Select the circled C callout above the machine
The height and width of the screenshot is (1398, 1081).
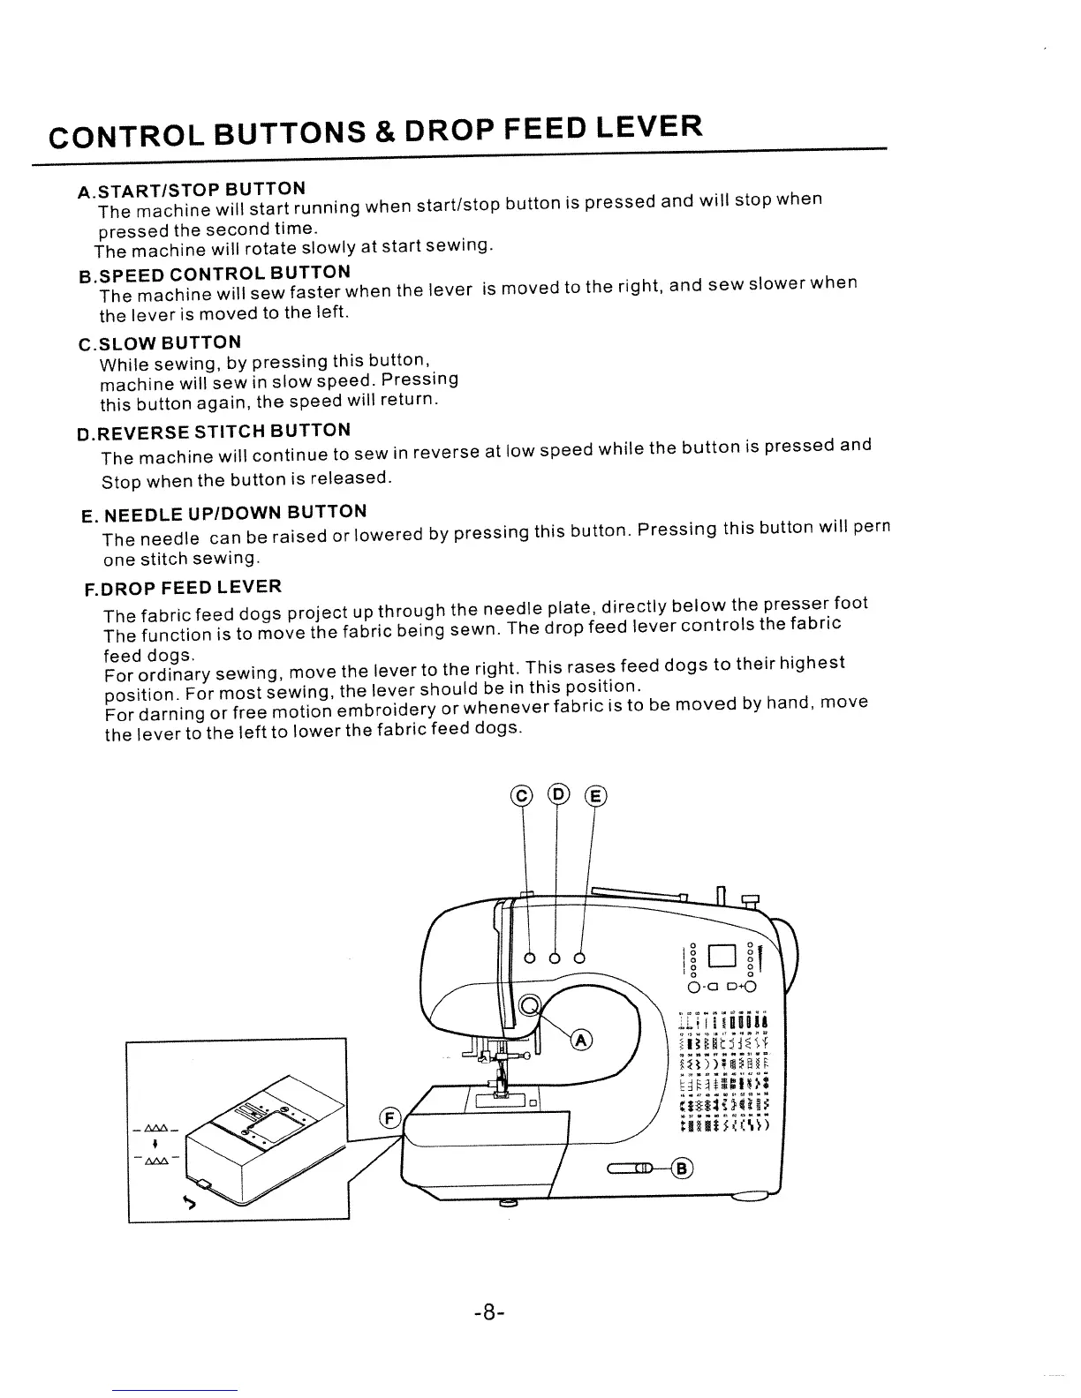coord(523,797)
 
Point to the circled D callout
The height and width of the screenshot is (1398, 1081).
coord(557,794)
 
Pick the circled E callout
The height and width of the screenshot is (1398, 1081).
coord(596,797)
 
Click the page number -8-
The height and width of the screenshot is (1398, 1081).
coord(488,1313)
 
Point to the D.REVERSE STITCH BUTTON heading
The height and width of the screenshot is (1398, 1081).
coord(214,432)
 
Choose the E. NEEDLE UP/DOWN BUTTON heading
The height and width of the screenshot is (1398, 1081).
coord(223,514)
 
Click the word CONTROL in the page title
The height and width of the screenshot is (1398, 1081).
coord(123,137)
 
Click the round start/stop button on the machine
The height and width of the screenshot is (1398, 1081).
coord(530,1005)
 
